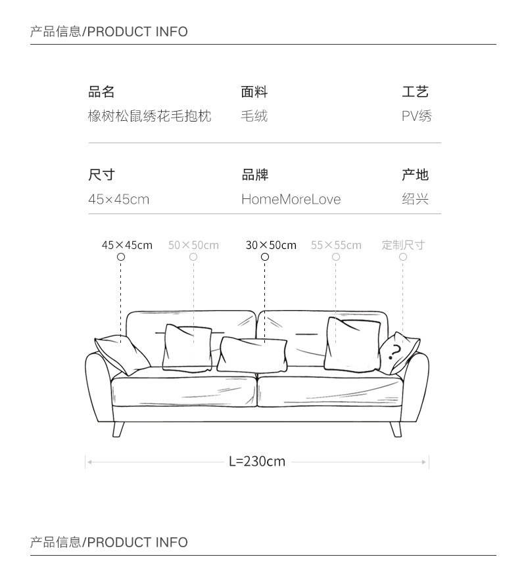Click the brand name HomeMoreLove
pyautogui.click(x=291, y=199)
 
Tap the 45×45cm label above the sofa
pyautogui.click(x=127, y=245)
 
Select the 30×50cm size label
pyautogui.click(x=271, y=245)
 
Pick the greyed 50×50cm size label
pyautogui.click(x=193, y=245)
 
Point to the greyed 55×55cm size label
pyautogui.click(x=336, y=245)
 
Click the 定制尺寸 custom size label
pyautogui.click(x=403, y=245)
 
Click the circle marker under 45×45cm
pyautogui.click(x=121, y=257)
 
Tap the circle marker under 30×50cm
pyautogui.click(x=265, y=257)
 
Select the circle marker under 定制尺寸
pyautogui.click(x=403, y=257)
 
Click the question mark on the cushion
pyautogui.click(x=394, y=353)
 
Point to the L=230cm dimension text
pyautogui.click(x=257, y=461)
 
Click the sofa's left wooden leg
pyautogui.click(x=119, y=429)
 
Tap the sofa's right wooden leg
pyautogui.click(x=396, y=429)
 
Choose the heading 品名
pyautogui.click(x=101, y=92)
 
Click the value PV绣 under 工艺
pyautogui.click(x=416, y=117)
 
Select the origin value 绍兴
pyautogui.click(x=415, y=199)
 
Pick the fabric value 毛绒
pyautogui.click(x=254, y=117)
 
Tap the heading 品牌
pyautogui.click(x=255, y=175)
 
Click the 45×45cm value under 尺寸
pyautogui.click(x=119, y=199)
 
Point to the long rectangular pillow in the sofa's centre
pyautogui.click(x=252, y=355)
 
